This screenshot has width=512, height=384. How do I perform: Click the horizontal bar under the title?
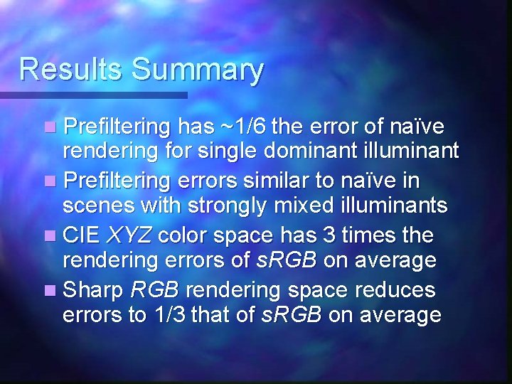[x=93, y=95]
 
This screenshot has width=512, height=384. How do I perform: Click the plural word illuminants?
[x=394, y=206]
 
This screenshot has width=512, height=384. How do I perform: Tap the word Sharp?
[x=92, y=289]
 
